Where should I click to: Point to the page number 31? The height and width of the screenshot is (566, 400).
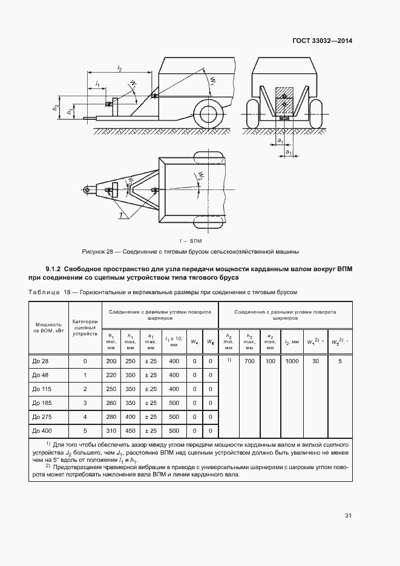pos(348,516)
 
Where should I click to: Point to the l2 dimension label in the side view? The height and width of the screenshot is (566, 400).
pos(119,70)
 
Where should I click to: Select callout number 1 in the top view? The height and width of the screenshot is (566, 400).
pos(121,215)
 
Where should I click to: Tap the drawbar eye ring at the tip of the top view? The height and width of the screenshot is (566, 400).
pos(88,190)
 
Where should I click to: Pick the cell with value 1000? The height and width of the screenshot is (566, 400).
pos(292,361)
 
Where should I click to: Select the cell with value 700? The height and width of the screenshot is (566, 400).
pos(249,361)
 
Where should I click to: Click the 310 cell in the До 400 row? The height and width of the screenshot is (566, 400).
pos(111,430)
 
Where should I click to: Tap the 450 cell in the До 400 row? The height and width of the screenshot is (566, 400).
pos(130,430)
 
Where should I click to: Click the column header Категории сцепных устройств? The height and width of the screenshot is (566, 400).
pos(85,327)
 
